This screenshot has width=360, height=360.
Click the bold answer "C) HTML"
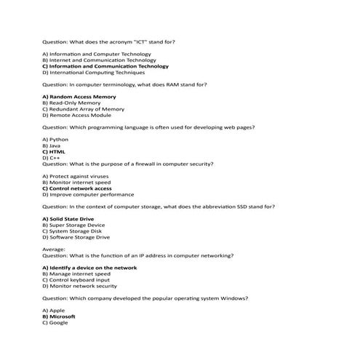click(x=54, y=151)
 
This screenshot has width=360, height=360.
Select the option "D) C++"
click(x=51, y=157)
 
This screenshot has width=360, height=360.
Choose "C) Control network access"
click(x=80, y=188)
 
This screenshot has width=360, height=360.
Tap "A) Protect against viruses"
click(x=78, y=176)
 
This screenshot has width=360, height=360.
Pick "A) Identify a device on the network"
click(x=89, y=268)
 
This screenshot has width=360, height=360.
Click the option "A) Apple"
click(x=54, y=311)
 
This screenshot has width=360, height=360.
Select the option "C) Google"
click(x=55, y=322)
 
